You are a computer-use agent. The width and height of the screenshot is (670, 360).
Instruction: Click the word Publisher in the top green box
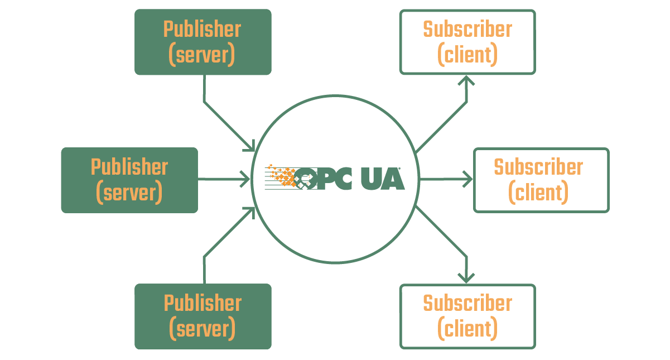(202, 30)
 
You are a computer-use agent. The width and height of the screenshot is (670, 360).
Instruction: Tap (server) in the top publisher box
(202, 55)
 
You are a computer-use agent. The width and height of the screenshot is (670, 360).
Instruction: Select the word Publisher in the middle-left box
(129, 167)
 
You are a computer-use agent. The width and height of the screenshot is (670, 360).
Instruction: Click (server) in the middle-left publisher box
(129, 193)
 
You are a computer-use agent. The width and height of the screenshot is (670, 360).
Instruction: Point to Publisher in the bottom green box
(203, 303)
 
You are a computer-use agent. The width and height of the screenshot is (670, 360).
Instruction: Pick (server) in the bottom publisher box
(203, 329)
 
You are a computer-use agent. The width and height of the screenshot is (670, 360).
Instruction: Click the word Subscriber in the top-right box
(467, 30)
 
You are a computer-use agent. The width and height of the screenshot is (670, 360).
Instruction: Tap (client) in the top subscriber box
(467, 55)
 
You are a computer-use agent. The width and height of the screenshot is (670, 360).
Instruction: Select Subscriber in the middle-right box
(538, 167)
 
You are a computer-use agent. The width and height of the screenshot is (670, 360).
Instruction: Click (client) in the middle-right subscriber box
(538, 193)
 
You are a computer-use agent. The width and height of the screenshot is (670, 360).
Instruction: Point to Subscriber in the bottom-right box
(467, 303)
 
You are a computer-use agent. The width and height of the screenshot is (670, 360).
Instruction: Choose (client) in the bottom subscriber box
(467, 329)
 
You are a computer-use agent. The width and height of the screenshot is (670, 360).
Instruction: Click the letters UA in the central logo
(383, 179)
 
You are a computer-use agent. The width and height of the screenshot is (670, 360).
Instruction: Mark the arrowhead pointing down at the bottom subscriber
(466, 279)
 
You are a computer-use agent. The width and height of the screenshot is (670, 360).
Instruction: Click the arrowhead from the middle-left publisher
(245, 179)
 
